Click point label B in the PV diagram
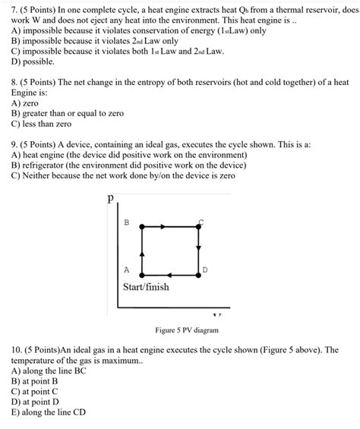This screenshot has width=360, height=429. click(x=126, y=222)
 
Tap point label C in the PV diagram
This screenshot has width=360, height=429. click(x=201, y=222)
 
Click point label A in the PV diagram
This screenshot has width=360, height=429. click(x=126, y=270)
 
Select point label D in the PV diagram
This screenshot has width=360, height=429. click(x=205, y=270)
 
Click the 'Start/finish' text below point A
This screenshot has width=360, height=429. click(x=146, y=287)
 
